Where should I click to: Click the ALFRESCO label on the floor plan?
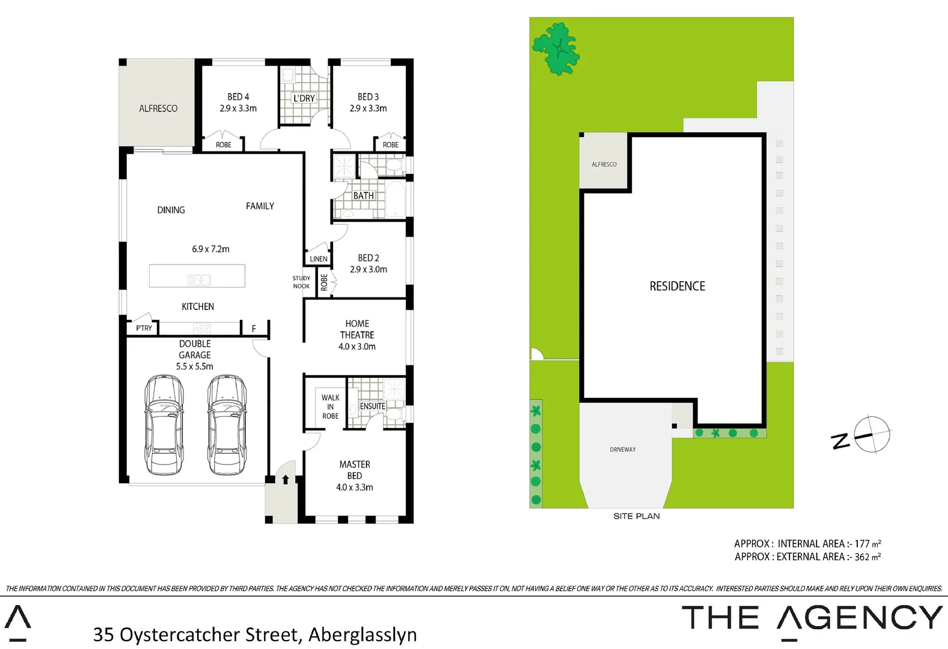click(158, 108)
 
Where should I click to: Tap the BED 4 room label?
click(238, 97)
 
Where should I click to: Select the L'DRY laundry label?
click(304, 99)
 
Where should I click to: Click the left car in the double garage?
click(164, 424)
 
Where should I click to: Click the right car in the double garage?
click(227, 424)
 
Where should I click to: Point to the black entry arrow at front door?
click(286, 479)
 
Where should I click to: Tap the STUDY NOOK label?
click(301, 282)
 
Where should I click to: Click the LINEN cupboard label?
click(319, 259)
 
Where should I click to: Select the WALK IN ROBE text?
click(330, 407)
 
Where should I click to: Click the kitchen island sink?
click(198, 279)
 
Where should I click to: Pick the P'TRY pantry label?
click(144, 328)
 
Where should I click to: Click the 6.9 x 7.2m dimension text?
click(210, 249)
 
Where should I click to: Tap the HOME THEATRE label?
click(357, 329)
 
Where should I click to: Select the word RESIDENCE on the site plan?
click(677, 286)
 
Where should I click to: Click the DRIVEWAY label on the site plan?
click(623, 449)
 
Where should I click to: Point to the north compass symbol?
click(872, 434)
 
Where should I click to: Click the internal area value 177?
click(861, 544)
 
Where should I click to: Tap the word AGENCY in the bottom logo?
click(860, 618)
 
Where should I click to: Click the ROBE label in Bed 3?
click(391, 145)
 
